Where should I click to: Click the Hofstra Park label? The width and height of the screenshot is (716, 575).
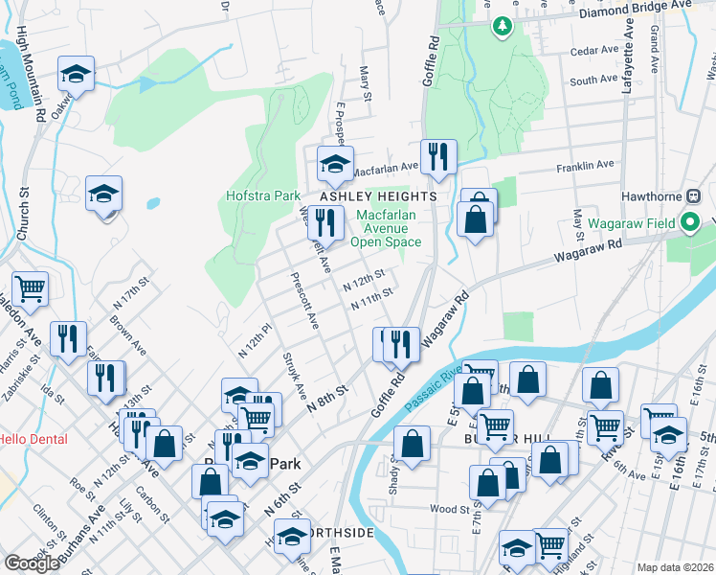coord(263,195)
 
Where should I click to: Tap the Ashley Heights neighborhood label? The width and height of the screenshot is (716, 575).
coord(378,195)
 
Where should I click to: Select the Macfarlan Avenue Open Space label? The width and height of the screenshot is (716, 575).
coord(386,228)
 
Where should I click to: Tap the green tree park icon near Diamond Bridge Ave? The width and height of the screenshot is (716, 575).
coord(502,26)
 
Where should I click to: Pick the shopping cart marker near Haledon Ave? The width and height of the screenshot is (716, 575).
coord(31,287)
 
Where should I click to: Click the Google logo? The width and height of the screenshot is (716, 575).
coord(31,563)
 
